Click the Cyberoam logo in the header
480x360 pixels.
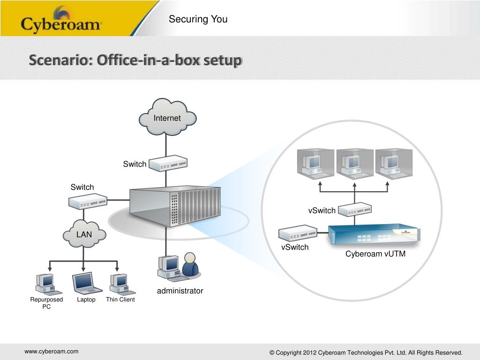pos(61,21)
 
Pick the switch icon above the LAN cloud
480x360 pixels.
pos(88,202)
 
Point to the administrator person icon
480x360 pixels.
pos(190,265)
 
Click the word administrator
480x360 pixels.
pos(180,291)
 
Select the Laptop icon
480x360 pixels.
pos(86,283)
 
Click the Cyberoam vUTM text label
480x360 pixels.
pos(375,254)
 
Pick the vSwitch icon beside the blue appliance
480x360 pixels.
pos(298,233)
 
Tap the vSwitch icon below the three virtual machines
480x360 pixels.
pos(355,210)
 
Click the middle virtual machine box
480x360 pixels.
pos(355,164)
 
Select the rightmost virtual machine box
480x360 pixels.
pos(394,164)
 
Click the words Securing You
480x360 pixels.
pos(198,19)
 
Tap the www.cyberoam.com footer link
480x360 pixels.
pos(52,351)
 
